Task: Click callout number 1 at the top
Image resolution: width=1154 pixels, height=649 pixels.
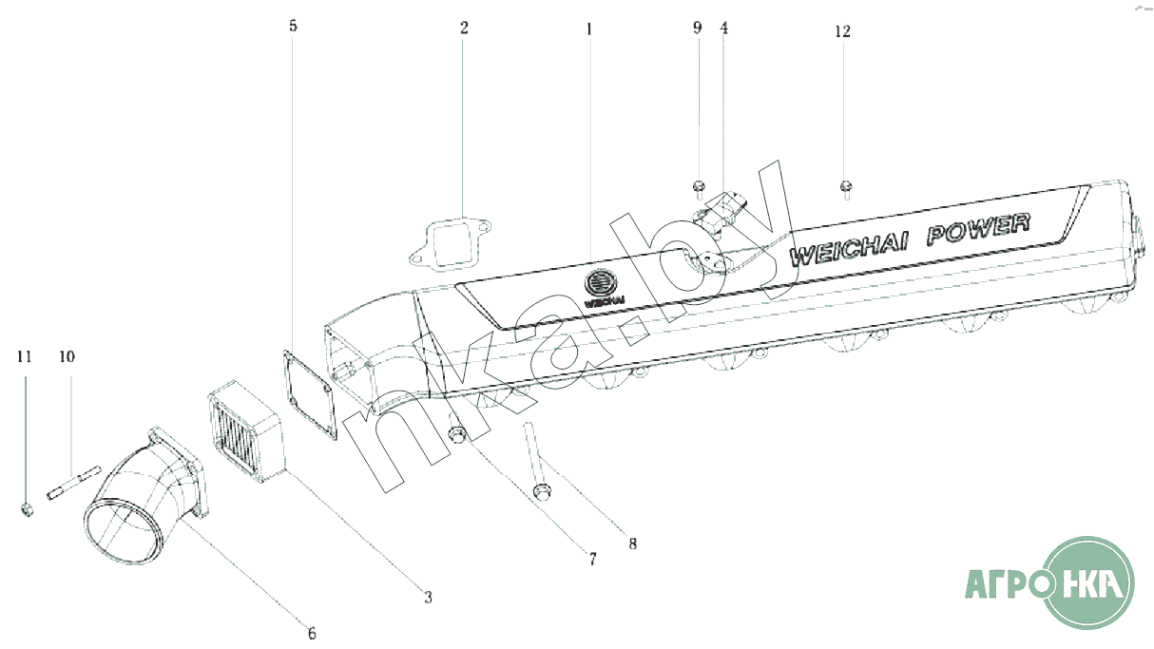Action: (x=588, y=29)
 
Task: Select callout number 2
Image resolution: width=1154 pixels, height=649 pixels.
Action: (x=464, y=28)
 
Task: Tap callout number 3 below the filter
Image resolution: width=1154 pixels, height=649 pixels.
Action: (x=428, y=597)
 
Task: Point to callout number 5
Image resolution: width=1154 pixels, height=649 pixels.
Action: (x=293, y=26)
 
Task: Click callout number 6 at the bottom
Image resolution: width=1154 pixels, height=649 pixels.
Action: (x=311, y=633)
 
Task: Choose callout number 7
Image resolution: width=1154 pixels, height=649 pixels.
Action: (x=592, y=561)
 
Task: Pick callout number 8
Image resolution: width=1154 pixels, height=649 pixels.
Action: (x=632, y=544)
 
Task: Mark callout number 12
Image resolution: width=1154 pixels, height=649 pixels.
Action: (x=842, y=31)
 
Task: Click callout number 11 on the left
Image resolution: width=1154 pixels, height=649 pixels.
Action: (x=25, y=357)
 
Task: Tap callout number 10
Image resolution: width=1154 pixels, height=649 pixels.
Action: (x=67, y=357)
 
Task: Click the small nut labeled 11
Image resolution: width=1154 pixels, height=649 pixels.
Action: (x=27, y=510)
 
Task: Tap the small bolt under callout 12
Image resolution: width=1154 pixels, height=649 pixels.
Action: (x=844, y=188)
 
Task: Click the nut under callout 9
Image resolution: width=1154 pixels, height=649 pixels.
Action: (x=698, y=185)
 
